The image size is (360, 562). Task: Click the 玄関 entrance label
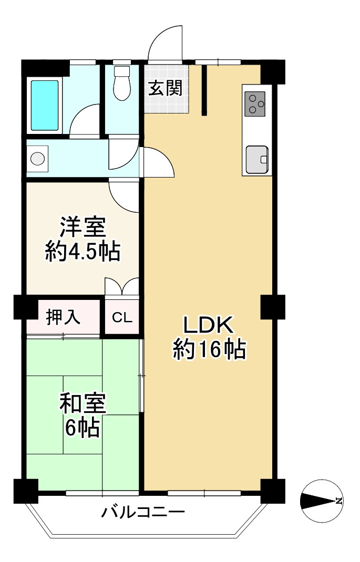(x=166, y=89)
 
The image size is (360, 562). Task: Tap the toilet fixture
(x=121, y=83)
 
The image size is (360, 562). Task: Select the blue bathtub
(x=45, y=106)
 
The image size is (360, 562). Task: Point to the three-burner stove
(x=255, y=104)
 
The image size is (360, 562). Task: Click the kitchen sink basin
(x=256, y=160)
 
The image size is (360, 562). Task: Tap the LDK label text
(x=208, y=326)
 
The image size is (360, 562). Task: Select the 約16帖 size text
(x=209, y=349)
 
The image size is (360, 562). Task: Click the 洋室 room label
(x=83, y=227)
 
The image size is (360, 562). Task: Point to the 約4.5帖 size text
(x=83, y=252)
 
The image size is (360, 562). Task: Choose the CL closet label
(x=122, y=318)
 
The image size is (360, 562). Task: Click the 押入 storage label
(x=64, y=317)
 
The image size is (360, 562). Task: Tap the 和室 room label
(x=83, y=403)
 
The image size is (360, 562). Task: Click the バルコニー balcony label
(x=143, y=512)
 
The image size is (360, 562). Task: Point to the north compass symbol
(x=322, y=501)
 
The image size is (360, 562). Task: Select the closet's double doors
(x=122, y=286)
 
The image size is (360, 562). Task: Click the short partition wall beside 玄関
(x=204, y=90)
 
